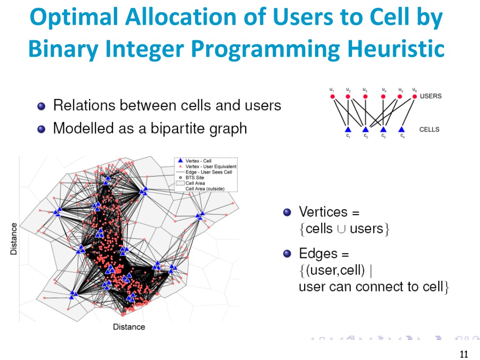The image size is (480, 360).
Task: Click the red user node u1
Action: pos(332,97)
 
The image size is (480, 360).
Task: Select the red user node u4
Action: pos(383,97)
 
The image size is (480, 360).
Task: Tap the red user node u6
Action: pos(414,97)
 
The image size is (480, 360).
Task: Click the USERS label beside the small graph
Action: pos(430,96)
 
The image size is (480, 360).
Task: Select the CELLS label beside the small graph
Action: pos(429,129)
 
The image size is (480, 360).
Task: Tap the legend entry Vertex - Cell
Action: pos(198,161)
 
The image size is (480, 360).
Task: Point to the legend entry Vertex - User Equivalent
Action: pos(210,166)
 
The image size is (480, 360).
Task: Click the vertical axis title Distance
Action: pos(14,239)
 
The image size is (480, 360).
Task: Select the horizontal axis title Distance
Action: pos(129,327)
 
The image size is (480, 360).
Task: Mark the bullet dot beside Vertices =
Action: pos(288,212)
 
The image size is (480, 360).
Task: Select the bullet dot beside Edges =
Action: pos(288,254)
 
